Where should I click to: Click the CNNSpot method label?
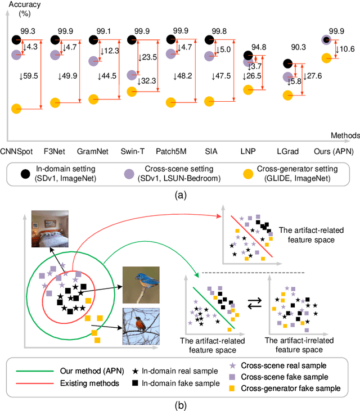16,151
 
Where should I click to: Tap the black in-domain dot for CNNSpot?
17,40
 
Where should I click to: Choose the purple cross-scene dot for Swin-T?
133,75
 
